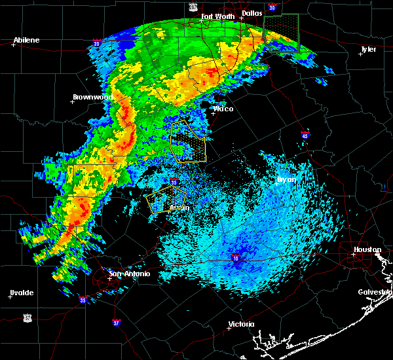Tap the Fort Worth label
pos(217,16)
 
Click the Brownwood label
pos(92,97)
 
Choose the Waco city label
pos(223,109)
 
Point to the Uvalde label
pos(22,293)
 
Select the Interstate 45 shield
pos(305,135)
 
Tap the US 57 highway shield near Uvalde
pos(27,317)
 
